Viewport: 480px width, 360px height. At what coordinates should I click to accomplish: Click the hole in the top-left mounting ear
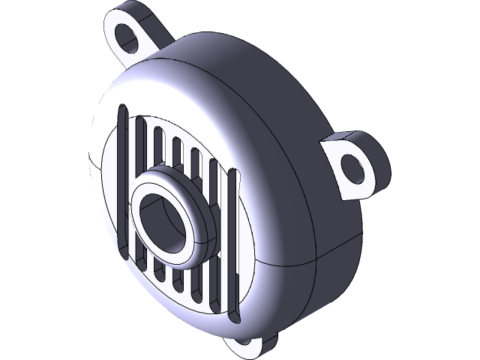click(130, 37)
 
